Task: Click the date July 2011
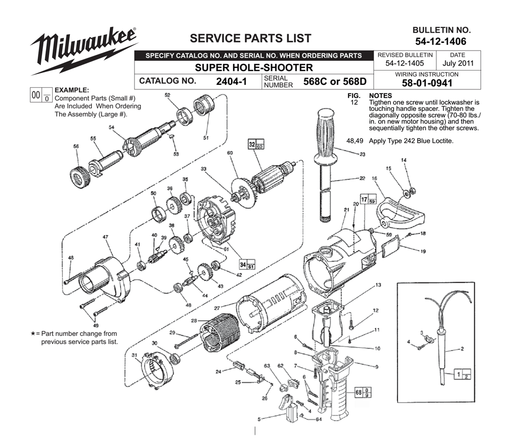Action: click(458, 64)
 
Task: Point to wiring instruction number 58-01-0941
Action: click(426, 83)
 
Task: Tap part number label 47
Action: click(105, 237)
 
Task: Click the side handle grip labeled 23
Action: click(328, 131)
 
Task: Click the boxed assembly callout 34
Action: click(247, 265)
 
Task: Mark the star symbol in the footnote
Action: click(33, 333)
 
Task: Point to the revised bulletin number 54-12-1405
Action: click(405, 64)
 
